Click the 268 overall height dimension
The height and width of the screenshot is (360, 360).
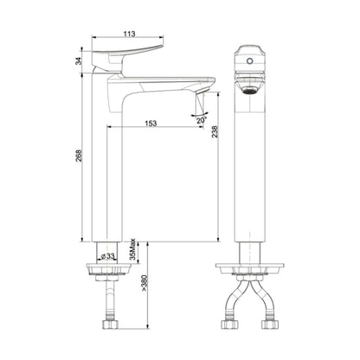pos(80,157)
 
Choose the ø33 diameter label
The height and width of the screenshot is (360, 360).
pos(108,256)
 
